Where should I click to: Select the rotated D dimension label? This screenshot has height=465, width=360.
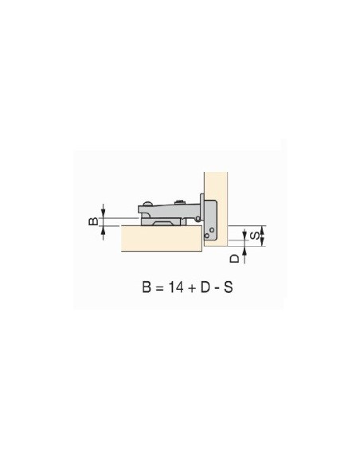click(x=234, y=260)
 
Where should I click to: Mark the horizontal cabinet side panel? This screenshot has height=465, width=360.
click(x=159, y=239)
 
